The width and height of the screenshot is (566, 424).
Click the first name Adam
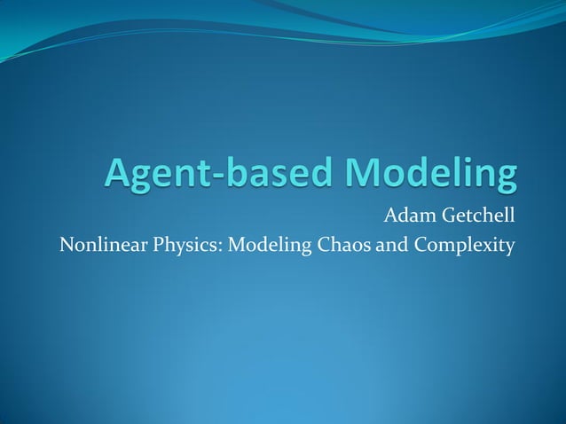coord(405,215)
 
